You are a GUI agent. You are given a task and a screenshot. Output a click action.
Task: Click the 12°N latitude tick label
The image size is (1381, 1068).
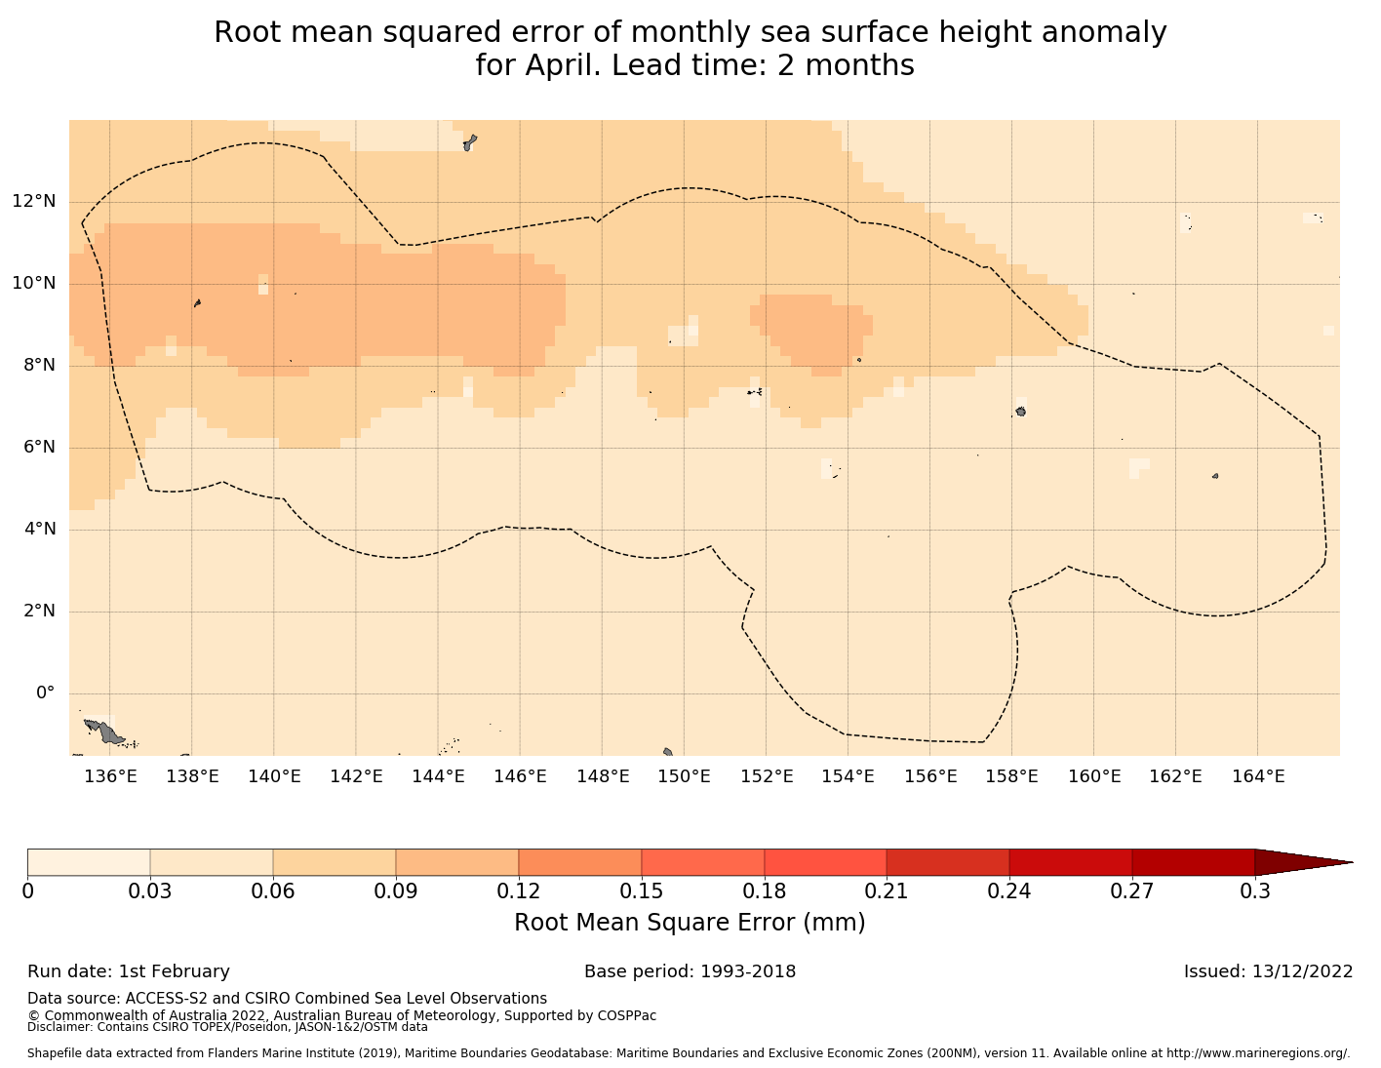click(x=33, y=202)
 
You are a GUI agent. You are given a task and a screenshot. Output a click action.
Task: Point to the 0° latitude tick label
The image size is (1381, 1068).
click(x=45, y=693)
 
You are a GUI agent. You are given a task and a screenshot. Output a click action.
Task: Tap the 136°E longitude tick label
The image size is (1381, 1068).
click(x=109, y=776)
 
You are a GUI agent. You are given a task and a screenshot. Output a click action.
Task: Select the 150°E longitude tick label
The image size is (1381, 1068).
click(x=684, y=776)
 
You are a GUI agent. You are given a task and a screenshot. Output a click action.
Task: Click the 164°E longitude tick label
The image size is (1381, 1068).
click(x=1258, y=776)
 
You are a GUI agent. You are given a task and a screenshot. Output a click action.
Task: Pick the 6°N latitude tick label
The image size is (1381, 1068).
click(x=39, y=448)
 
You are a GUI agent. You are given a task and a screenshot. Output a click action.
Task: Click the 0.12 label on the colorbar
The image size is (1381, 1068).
click(x=519, y=891)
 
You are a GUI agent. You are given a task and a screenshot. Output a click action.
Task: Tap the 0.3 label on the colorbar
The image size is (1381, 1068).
click(x=1254, y=891)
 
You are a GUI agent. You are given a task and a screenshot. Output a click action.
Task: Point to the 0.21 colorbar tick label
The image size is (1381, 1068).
click(x=887, y=891)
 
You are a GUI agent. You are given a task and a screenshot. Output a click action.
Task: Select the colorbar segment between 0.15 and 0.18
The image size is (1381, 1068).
click(x=703, y=862)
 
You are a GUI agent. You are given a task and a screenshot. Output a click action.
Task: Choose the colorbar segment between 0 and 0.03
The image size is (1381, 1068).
click(x=89, y=862)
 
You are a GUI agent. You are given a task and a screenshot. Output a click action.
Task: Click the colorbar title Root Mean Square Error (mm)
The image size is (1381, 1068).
click(x=690, y=923)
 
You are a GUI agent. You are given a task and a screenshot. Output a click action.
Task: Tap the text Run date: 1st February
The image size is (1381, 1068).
click(x=129, y=971)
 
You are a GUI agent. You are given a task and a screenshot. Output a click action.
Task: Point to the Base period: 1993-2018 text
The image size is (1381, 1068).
click(x=690, y=971)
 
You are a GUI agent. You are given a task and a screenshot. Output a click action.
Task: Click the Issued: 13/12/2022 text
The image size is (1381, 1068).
click(x=1268, y=971)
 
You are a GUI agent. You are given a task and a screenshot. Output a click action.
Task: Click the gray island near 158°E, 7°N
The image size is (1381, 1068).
click(x=1020, y=412)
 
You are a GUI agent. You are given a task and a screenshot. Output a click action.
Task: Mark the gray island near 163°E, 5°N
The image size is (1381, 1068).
click(x=1215, y=476)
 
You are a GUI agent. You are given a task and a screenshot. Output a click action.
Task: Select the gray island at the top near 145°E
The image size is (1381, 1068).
click(x=469, y=143)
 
